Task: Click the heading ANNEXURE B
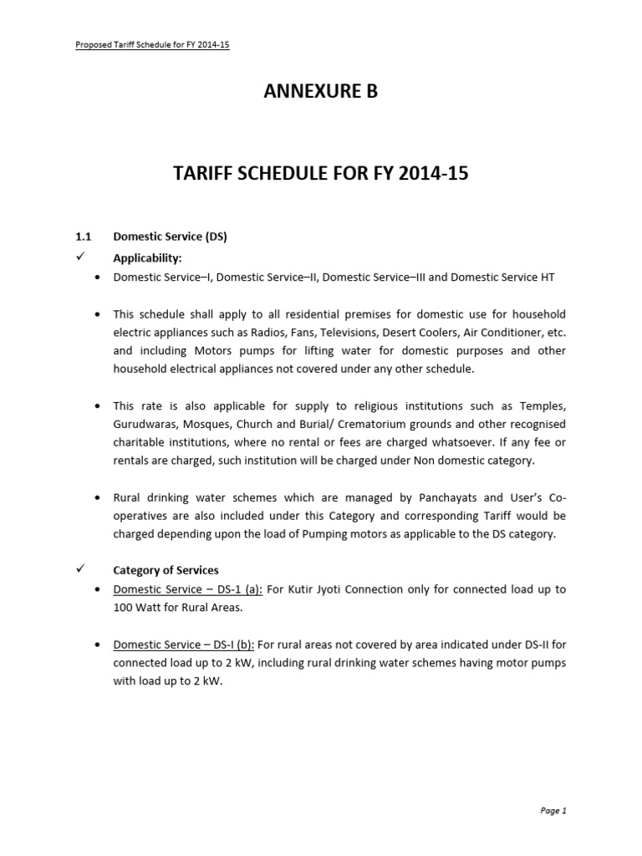click(x=320, y=92)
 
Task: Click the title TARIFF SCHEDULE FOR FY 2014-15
click(x=320, y=174)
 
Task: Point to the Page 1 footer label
click(x=553, y=810)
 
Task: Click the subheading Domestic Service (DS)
click(x=170, y=237)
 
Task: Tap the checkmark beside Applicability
click(x=81, y=256)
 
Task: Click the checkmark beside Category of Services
click(x=81, y=569)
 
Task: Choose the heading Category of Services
click(x=166, y=570)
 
